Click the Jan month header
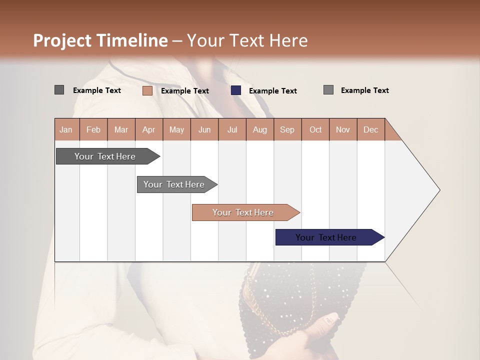(66, 129)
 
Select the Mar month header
(121, 129)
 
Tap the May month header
(176, 129)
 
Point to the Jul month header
(232, 129)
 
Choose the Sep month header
(287, 129)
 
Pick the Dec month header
(370, 129)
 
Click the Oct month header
(315, 129)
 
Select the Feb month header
(93, 129)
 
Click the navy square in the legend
(236, 90)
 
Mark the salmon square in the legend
(147, 90)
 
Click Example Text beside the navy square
(272, 90)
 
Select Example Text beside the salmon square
(184, 90)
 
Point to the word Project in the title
(62, 40)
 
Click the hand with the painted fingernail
(320, 330)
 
